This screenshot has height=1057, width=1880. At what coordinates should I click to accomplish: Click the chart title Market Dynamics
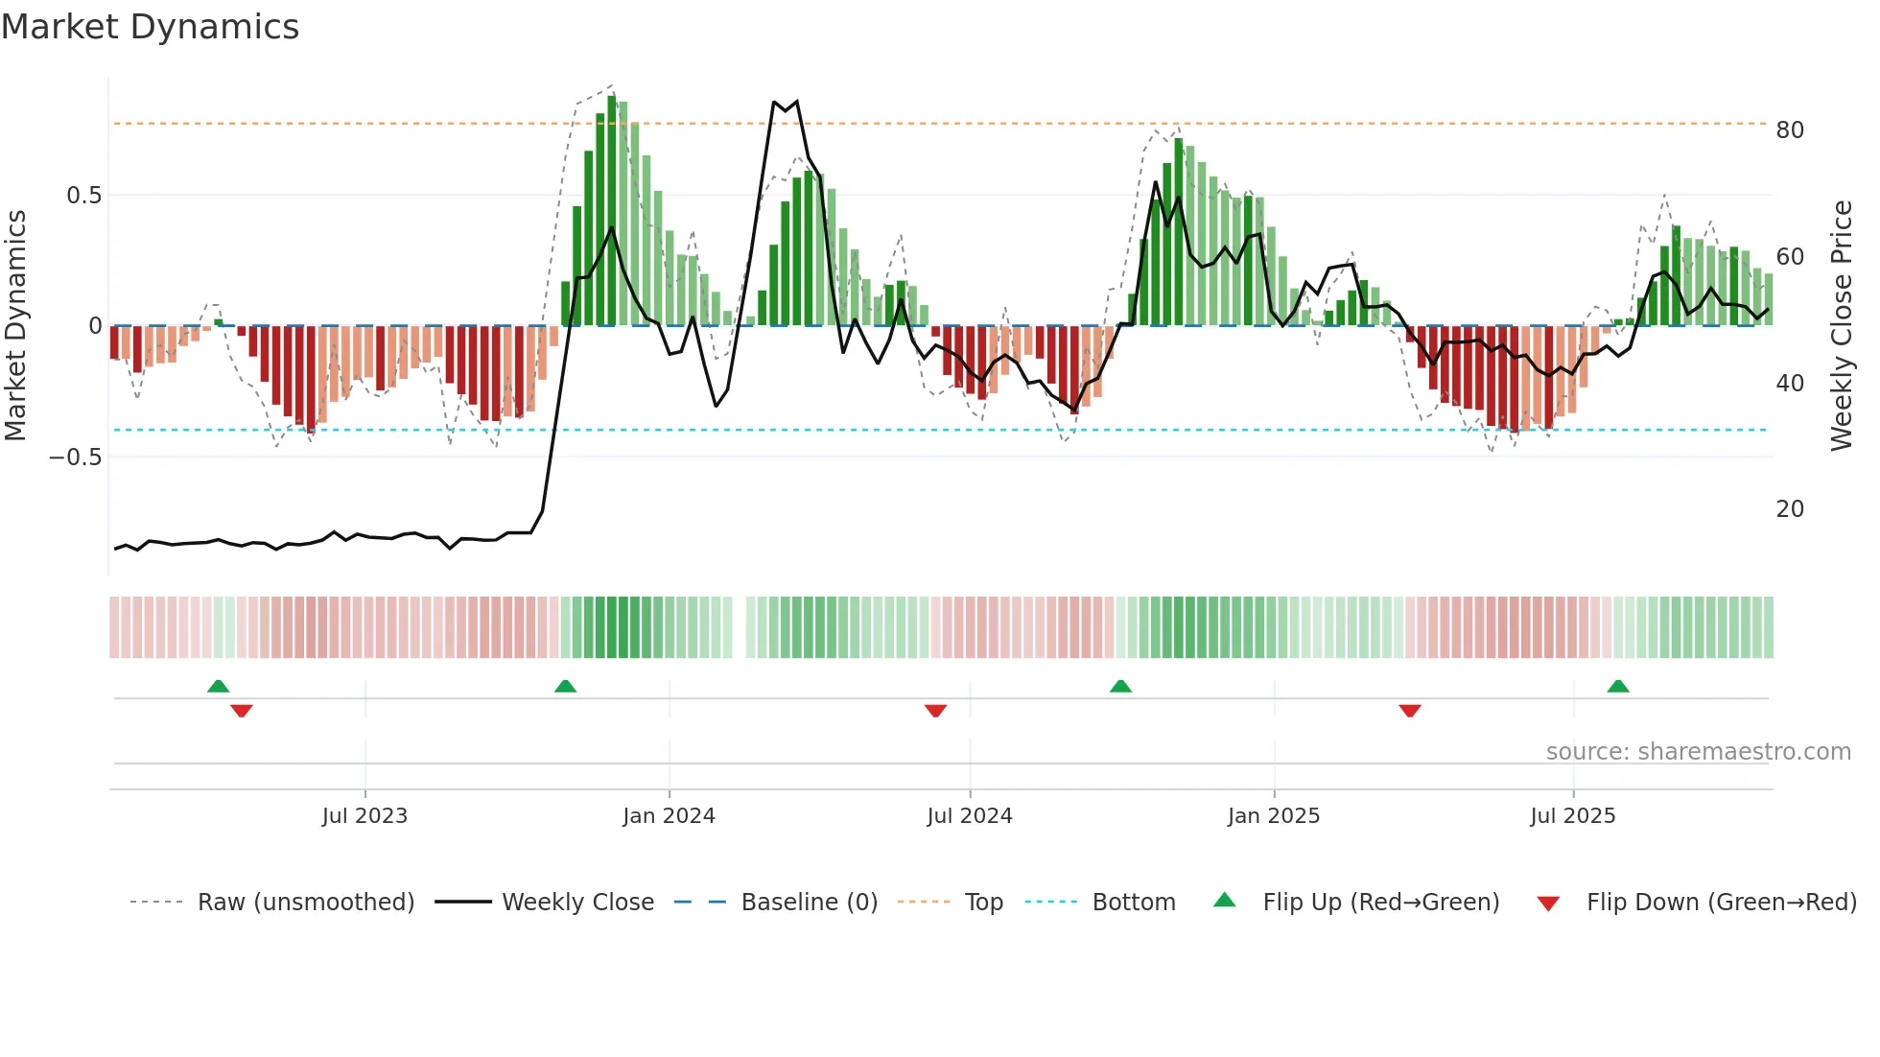(151, 27)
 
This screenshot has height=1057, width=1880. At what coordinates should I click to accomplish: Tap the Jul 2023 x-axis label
(364, 816)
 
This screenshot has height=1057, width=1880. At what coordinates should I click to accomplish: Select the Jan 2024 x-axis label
(669, 816)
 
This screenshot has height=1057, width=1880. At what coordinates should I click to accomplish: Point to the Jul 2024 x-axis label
(970, 816)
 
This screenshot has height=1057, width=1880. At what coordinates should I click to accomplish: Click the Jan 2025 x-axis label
(1274, 816)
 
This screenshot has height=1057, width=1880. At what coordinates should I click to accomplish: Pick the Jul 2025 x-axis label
(1573, 816)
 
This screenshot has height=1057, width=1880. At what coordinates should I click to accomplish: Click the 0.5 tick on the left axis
(83, 196)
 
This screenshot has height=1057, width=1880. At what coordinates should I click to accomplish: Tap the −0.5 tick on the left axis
(76, 458)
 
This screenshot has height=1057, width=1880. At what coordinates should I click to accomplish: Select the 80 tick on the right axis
(1790, 130)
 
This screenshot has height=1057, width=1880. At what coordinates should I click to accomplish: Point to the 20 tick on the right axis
(1790, 509)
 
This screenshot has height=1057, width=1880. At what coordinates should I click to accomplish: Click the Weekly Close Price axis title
(1842, 326)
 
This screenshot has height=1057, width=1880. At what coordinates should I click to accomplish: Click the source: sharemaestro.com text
(1698, 752)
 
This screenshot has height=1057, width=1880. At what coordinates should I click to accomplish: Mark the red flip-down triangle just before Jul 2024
(935, 711)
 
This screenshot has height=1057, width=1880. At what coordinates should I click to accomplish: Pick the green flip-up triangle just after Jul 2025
(1618, 686)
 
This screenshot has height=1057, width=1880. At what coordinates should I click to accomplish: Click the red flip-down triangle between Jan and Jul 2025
(1409, 711)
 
